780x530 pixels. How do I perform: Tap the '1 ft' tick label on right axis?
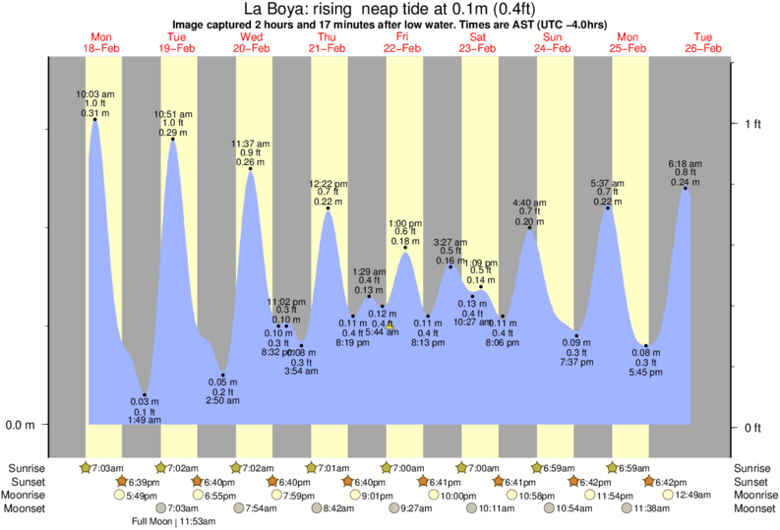(x=752, y=123)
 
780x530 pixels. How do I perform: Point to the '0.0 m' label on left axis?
(x=22, y=426)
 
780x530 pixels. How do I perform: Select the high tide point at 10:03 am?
(x=95, y=119)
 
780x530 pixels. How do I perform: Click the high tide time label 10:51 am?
(x=172, y=114)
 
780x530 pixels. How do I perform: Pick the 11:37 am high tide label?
(x=250, y=144)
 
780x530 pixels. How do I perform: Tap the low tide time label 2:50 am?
(x=222, y=400)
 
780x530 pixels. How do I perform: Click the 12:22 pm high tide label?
(x=328, y=184)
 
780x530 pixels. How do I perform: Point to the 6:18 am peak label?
(x=684, y=162)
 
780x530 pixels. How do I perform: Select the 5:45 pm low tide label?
(x=646, y=372)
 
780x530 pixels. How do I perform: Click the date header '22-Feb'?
(x=403, y=48)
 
